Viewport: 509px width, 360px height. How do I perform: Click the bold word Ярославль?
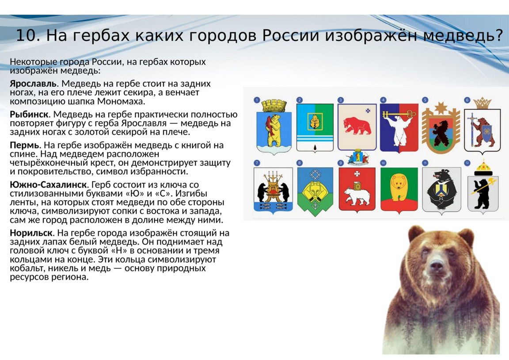[33, 84]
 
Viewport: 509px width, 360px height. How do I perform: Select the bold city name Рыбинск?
[29, 115]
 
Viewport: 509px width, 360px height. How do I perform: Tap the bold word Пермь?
[24, 145]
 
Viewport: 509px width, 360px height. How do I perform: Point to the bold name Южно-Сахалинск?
[48, 184]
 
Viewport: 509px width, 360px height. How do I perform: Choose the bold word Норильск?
[31, 233]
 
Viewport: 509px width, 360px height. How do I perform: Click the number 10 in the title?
[27, 35]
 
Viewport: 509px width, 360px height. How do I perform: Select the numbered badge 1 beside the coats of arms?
[257, 100]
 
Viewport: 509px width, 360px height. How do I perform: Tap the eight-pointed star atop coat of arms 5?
[441, 107]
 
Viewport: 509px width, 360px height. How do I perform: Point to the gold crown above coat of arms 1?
[273, 105]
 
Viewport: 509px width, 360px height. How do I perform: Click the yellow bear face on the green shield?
[399, 185]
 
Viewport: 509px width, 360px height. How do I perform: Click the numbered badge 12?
[467, 163]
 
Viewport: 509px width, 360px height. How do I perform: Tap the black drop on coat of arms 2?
[315, 148]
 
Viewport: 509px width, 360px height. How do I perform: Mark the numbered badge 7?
[257, 163]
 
